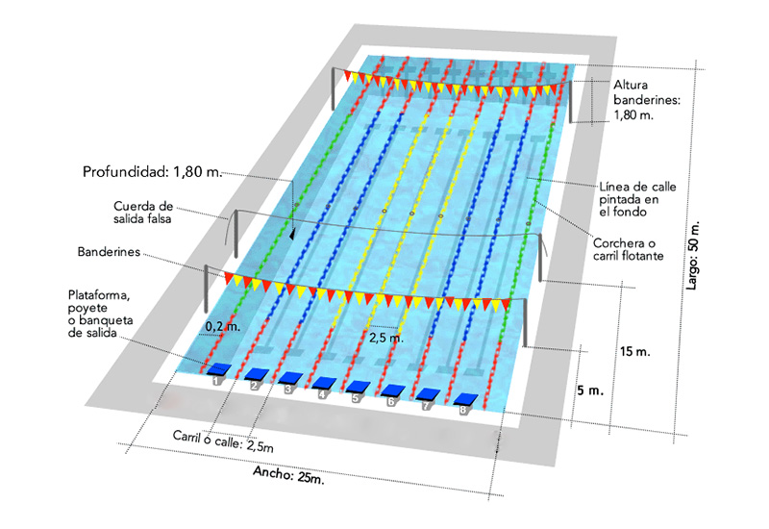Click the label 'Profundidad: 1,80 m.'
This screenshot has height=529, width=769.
click(152, 172)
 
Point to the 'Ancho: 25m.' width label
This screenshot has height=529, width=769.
click(288, 474)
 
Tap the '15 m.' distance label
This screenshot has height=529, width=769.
click(635, 352)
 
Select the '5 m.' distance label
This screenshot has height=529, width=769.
click(590, 391)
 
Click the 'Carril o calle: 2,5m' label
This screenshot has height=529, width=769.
click(223, 441)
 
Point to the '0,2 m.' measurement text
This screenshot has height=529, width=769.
click(223, 327)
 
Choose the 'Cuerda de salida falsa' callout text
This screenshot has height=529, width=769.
click(142, 213)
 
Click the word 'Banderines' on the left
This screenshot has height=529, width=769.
click(109, 252)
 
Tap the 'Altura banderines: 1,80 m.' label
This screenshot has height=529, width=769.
click(647, 100)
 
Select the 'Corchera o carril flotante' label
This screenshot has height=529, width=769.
click(629, 249)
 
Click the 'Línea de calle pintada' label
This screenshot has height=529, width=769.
click(637, 199)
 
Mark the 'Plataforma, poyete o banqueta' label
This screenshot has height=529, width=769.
click(101, 315)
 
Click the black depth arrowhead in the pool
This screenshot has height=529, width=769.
click(292, 234)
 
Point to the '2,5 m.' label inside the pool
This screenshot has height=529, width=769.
click(386, 339)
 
